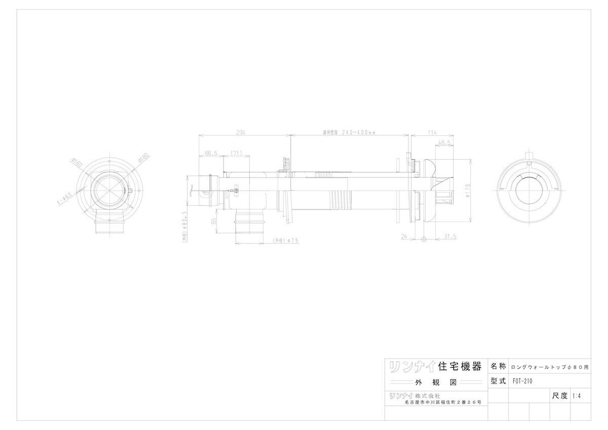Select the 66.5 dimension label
tap(211, 152)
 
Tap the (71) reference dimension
tap(236, 152)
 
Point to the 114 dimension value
tap(432, 132)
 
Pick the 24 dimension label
tap(404, 236)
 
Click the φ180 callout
tap(143, 158)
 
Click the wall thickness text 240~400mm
tap(350, 132)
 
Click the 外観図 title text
tap(435, 382)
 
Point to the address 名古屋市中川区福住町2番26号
tap(443, 402)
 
